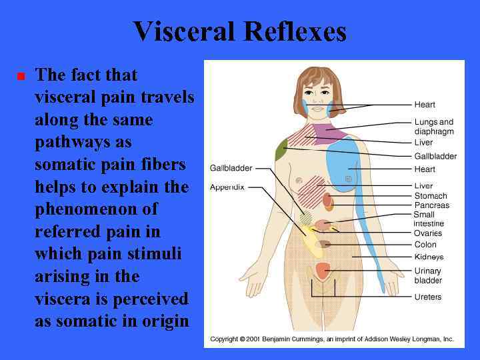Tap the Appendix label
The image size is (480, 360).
228,187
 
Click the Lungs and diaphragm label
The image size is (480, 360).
433,127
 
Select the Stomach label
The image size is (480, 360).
431,196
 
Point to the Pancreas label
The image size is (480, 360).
432,205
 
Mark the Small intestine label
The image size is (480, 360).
429,219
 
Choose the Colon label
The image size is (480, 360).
425,245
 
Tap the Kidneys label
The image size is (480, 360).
429,257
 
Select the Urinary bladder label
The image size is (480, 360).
428,275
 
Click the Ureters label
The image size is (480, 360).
428,297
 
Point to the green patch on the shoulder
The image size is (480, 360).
281,151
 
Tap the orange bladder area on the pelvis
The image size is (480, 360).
323,270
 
